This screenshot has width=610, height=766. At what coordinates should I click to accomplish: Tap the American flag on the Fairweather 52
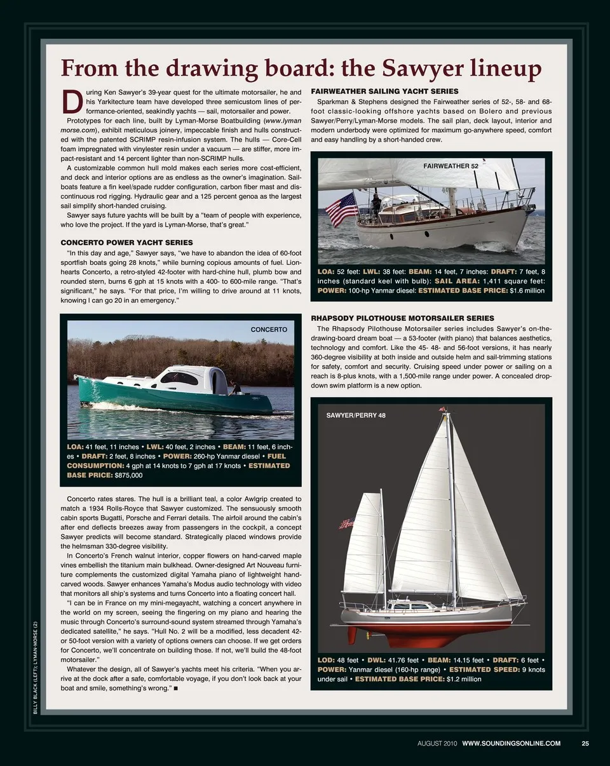coord(341,210)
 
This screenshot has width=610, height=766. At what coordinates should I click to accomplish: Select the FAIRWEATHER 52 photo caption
coord(451,166)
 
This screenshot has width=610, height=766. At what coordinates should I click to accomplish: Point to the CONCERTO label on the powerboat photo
coord(269,330)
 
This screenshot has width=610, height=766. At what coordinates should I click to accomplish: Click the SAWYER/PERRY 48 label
coord(356,415)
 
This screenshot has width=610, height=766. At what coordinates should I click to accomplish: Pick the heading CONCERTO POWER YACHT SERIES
coord(126,243)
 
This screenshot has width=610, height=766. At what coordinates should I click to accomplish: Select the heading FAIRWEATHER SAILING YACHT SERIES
coord(384,91)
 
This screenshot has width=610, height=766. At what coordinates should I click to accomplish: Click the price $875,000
coord(128,474)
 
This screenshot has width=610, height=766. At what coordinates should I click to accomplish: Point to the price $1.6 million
coord(527,290)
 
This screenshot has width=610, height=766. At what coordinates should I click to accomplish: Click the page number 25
coord(585,744)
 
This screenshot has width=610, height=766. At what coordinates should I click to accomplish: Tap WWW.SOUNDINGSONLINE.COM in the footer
coord(511,744)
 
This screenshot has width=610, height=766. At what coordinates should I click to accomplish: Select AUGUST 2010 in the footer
coord(437,744)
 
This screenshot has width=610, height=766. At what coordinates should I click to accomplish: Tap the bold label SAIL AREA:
coord(457,281)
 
